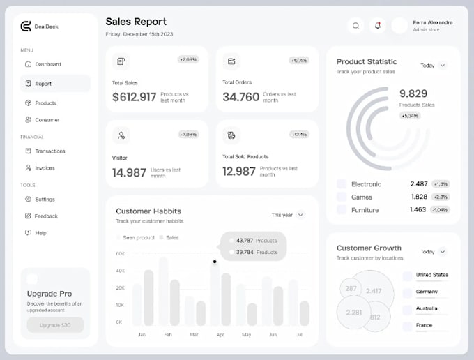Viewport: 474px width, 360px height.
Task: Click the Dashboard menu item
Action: [x=47, y=64]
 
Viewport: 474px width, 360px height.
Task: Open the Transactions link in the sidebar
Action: [x=49, y=151]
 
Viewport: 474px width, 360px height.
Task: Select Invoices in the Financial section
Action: [x=45, y=168]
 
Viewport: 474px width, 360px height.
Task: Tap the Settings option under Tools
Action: [x=45, y=200]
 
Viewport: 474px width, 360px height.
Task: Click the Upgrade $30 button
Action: [x=55, y=325]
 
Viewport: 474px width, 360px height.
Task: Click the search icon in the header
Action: [x=355, y=26]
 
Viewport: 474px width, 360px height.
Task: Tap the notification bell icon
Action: [x=378, y=26]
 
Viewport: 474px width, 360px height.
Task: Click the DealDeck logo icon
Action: [x=26, y=27]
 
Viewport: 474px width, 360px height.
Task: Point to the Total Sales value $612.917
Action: [x=134, y=97]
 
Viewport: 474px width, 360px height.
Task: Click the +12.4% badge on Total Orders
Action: [x=299, y=61]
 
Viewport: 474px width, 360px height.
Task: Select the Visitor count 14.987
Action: [x=129, y=172]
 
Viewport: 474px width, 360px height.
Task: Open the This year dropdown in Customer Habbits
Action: [x=288, y=215]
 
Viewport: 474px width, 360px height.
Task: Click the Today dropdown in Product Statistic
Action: [x=433, y=66]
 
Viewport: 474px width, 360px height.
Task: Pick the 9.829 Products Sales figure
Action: [x=413, y=93]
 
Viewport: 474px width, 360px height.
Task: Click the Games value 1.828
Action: [x=418, y=197]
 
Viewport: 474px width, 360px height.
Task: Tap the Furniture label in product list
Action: [x=365, y=210]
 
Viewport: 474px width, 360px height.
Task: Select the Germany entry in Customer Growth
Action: [x=427, y=292]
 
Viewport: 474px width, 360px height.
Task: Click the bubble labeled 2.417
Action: [x=374, y=291]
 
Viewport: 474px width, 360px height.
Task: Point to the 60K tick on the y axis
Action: [x=120, y=254]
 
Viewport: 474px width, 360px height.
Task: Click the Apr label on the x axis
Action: [x=220, y=335]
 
